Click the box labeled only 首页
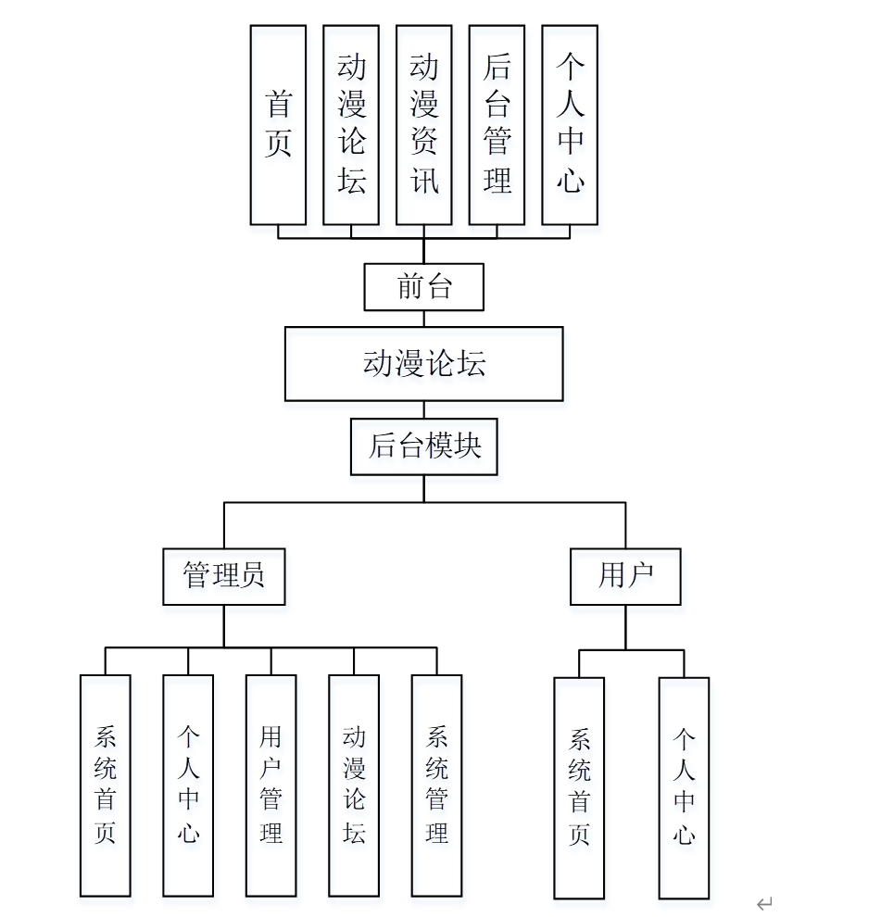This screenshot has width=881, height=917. tap(278, 124)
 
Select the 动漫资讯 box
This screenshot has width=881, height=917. tap(423, 124)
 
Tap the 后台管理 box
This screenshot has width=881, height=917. tap(497, 124)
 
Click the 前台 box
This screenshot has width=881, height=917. tap(423, 287)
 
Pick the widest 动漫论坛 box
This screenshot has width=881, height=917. tap(423, 364)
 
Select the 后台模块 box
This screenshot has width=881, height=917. tap(423, 446)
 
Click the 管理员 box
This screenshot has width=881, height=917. tap(223, 576)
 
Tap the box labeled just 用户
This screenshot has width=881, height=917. tap(625, 576)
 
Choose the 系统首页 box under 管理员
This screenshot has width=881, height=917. tap(105, 785)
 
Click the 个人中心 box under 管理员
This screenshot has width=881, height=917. tap(188, 785)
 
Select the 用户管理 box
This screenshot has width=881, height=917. tap(271, 785)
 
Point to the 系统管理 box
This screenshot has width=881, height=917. tap(436, 785)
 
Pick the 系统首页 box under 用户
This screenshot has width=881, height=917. tap(579, 788)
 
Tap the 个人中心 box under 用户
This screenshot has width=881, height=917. tap(684, 788)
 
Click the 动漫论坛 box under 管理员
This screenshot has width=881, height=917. tap(354, 785)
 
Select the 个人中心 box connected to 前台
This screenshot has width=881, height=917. tap(570, 124)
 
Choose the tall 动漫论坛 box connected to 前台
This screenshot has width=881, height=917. tap(351, 124)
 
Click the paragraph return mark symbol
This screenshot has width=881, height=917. tap(764, 903)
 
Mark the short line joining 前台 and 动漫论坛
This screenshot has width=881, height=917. tap(424, 319)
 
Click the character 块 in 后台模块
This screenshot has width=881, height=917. tap(469, 446)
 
